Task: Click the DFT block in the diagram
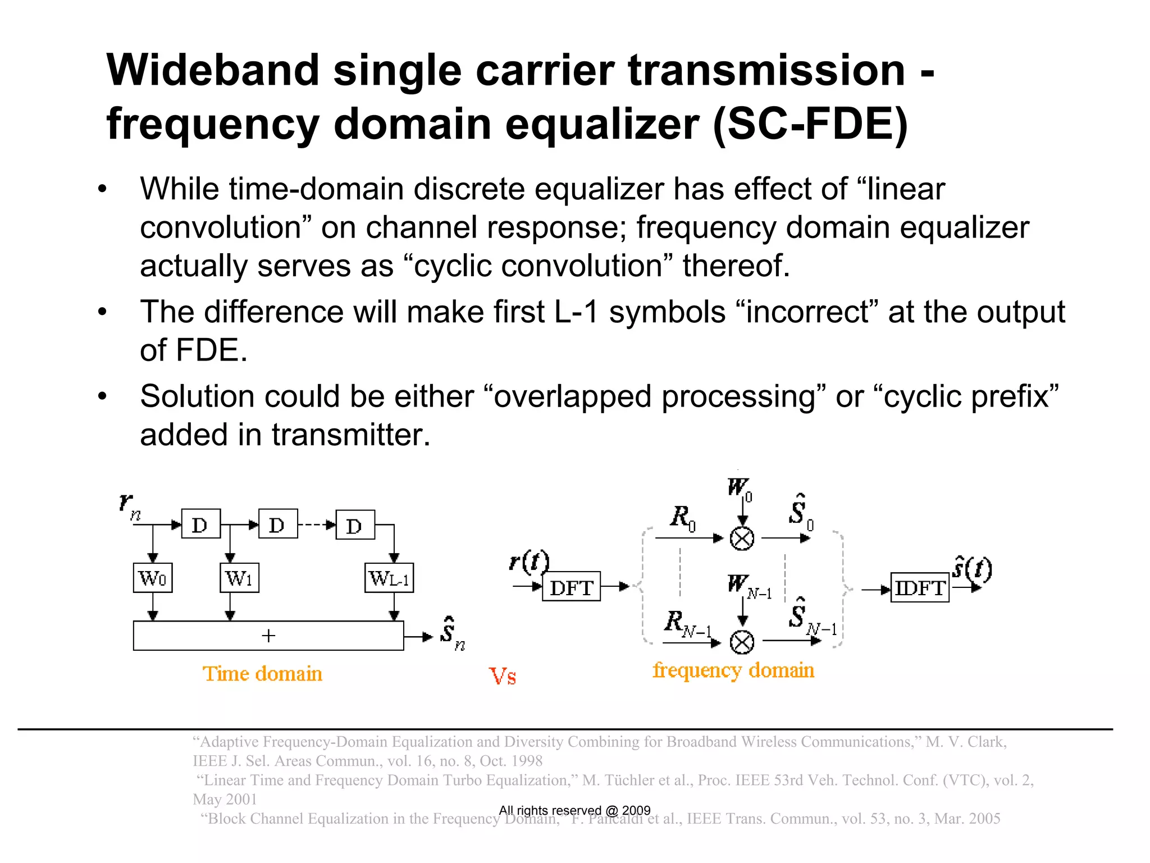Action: pos(571,587)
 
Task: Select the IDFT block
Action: pos(920,587)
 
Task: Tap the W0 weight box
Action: pos(153,578)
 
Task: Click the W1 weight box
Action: pos(239,578)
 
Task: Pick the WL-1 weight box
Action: pos(389,578)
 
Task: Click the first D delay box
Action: pos(200,524)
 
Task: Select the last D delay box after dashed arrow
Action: pos(355,525)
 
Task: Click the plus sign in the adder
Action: pos(268,636)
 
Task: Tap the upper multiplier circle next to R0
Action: pos(742,538)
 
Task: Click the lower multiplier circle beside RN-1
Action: pos(742,642)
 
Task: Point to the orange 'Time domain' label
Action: pos(262,673)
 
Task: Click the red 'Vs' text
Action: pos(502,676)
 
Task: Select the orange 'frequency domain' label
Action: pos(733,670)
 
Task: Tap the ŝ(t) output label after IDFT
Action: pos(973,569)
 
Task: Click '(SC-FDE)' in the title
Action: pos(810,125)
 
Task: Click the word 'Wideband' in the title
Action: pos(213,71)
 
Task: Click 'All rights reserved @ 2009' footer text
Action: pos(574,810)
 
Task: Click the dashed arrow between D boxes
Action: pos(316,525)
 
